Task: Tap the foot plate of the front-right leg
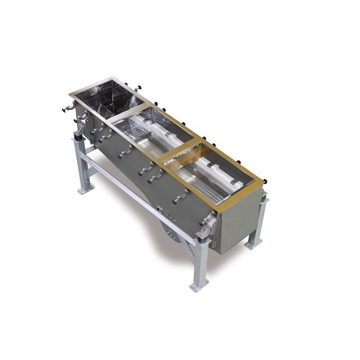coord(196,286)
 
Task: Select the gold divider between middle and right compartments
coord(179,151)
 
